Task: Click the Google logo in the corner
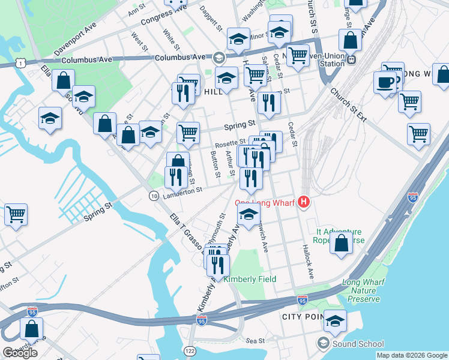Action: pos(20,353)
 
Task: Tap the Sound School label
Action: pos(358,344)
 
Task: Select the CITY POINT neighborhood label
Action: pos(304,316)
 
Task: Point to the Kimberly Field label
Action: pos(250,280)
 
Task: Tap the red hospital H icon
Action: pos(304,203)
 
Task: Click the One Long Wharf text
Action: pos(265,203)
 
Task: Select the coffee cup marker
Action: pos(385,82)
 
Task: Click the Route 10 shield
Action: pos(154,196)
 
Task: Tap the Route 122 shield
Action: pos(190,350)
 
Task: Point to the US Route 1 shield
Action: pos(22,63)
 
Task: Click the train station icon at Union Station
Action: pos(353,59)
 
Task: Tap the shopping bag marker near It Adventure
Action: pos(341,244)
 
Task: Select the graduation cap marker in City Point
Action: pos(335,320)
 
